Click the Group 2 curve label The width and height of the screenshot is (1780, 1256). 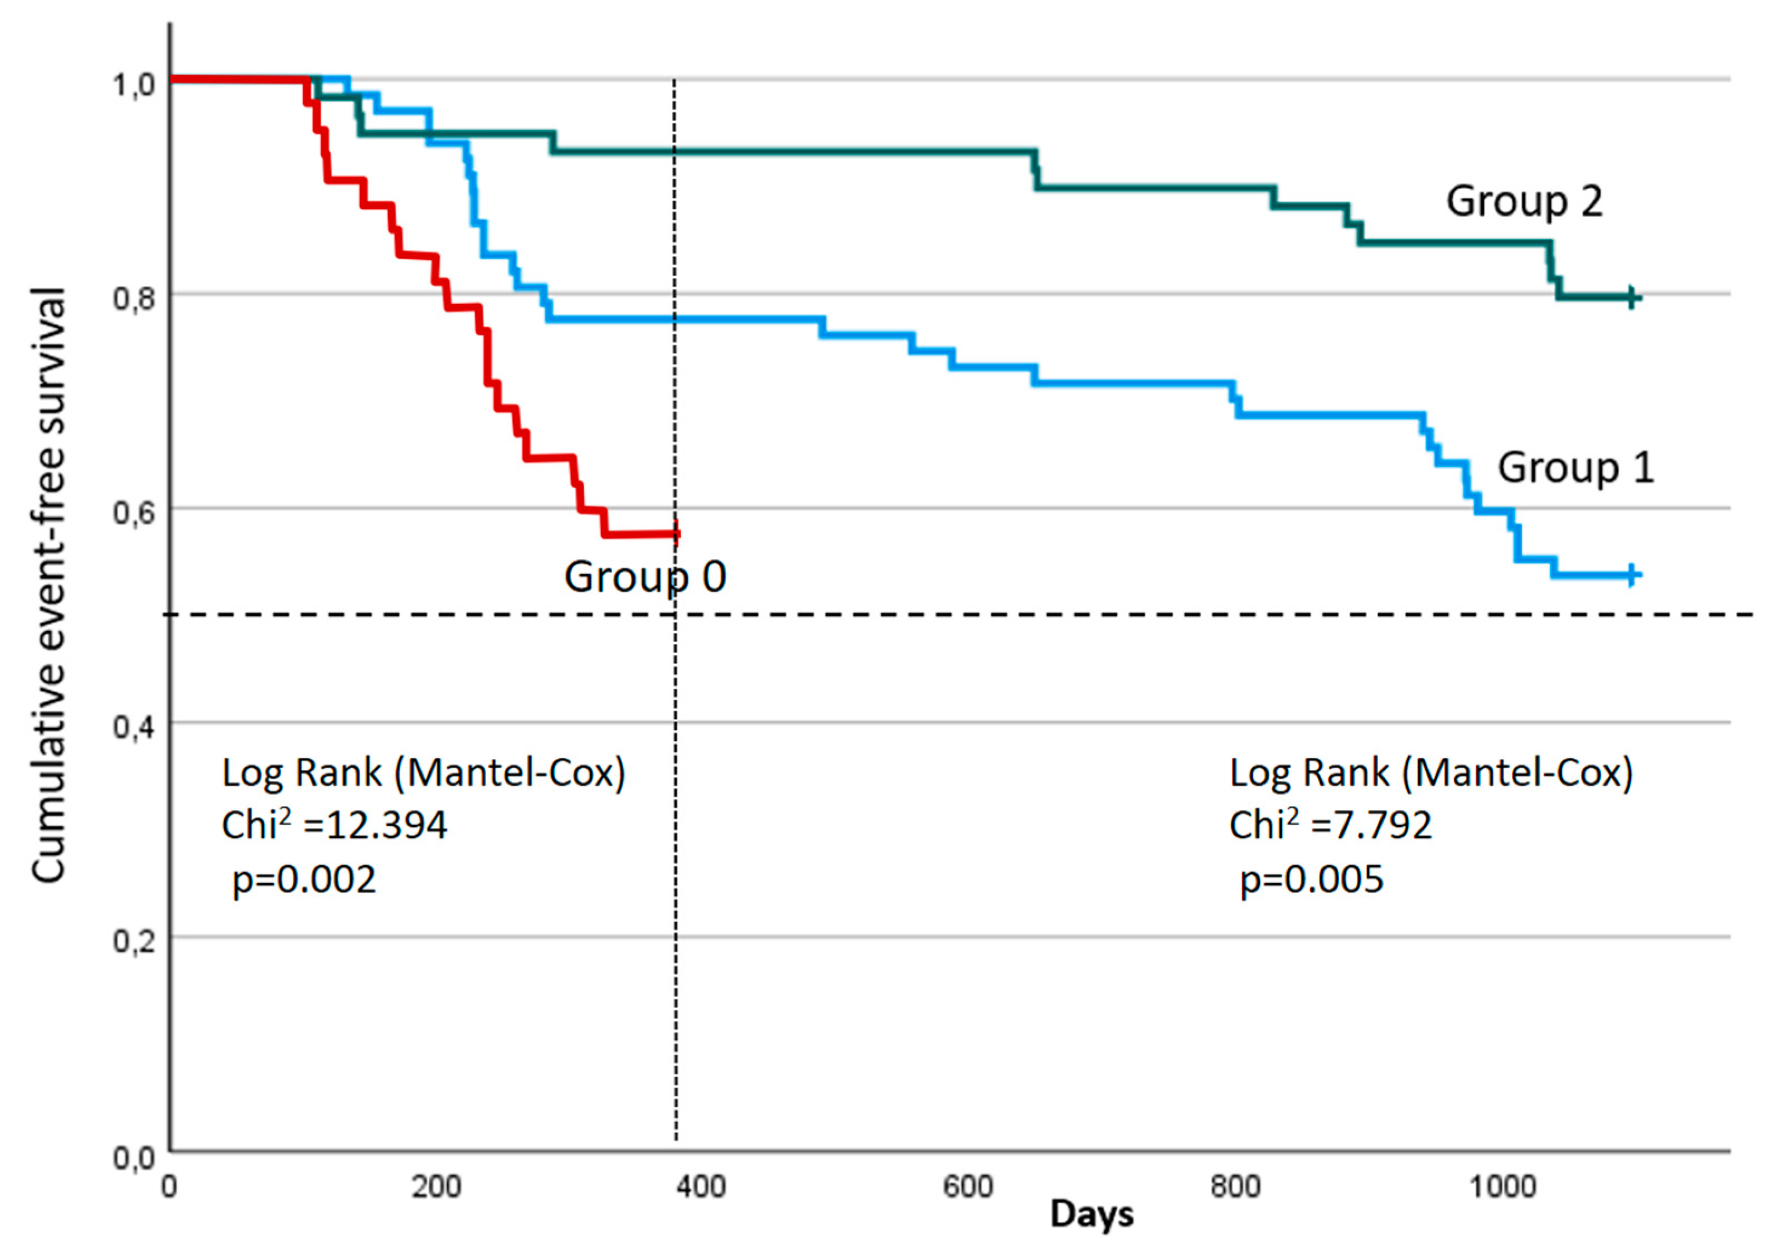(1524, 202)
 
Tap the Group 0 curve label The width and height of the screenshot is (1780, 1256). (644, 577)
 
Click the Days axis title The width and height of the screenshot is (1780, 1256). (1091, 1214)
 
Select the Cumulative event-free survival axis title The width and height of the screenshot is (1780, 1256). (48, 585)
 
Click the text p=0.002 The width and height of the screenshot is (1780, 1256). (304, 879)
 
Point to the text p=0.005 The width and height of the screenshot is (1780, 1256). (1312, 879)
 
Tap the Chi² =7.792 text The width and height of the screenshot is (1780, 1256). (1330, 824)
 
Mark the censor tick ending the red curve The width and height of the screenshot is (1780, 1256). (677, 533)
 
